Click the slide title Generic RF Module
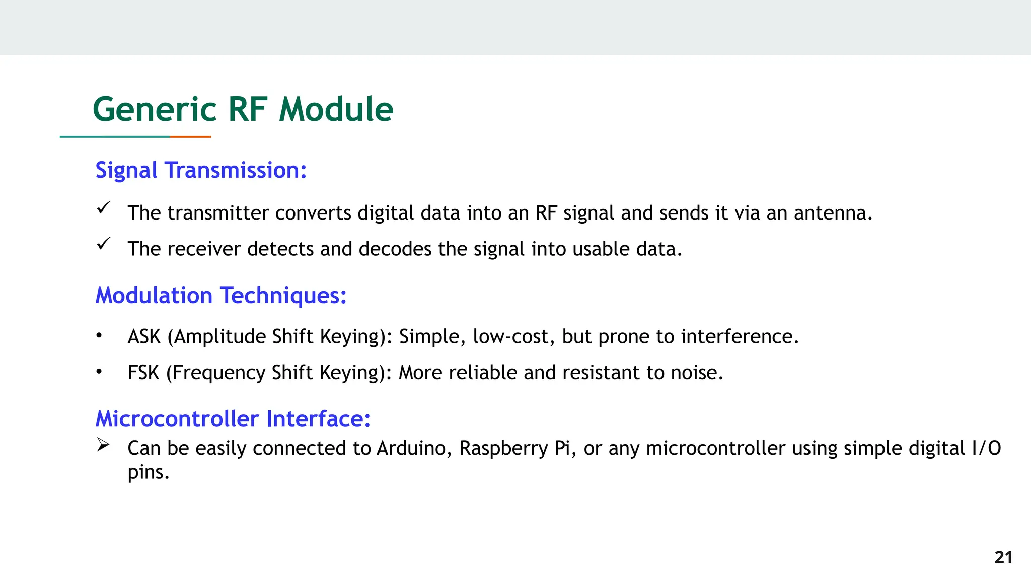coord(243,109)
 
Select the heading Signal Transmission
coord(201,170)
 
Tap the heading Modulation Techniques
coord(221,295)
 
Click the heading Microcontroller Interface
coord(233,419)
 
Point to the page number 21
coord(1003,557)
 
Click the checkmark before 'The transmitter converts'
coord(104,208)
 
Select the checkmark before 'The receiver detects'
coord(104,244)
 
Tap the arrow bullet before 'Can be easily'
coord(103,444)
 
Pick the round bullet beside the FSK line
coord(99,372)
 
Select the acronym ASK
coord(144,337)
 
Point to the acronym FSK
coord(143,373)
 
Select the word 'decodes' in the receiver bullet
coord(395,249)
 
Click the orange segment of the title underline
coord(190,136)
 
